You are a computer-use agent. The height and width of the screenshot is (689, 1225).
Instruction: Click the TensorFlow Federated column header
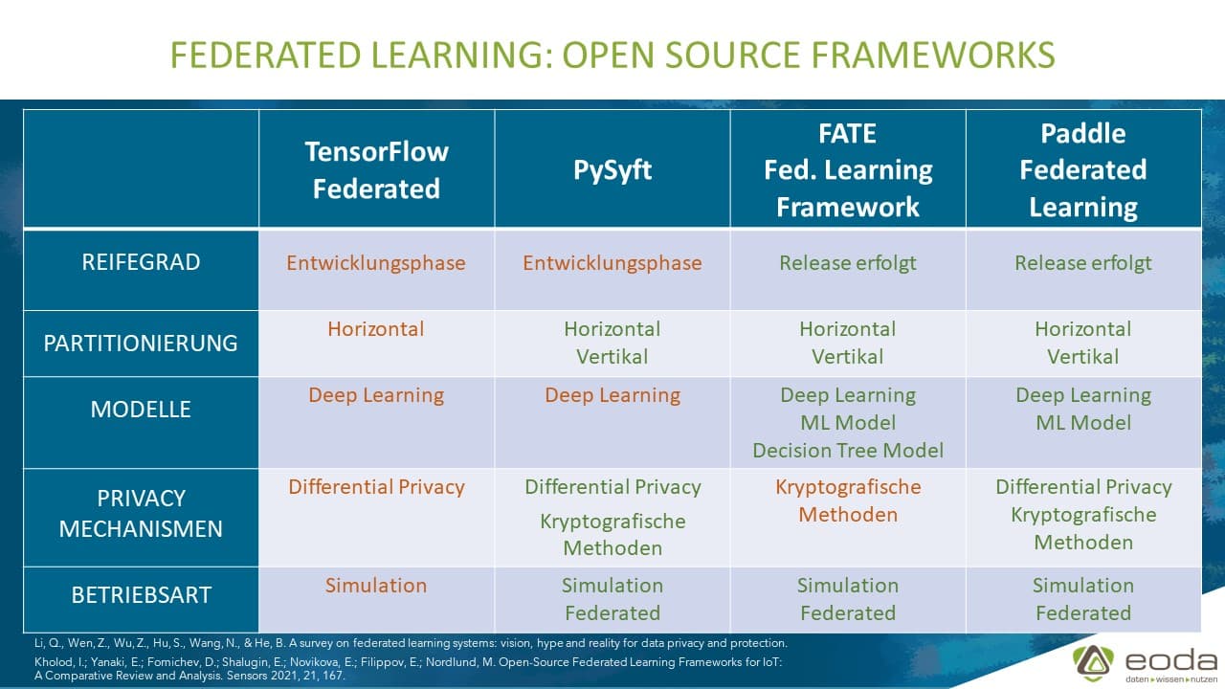(376, 169)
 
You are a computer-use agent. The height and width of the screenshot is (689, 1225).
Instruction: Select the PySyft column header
(612, 170)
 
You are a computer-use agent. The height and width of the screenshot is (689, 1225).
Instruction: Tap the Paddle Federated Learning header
(1083, 169)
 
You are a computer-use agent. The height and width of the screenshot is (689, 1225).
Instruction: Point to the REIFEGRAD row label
(141, 263)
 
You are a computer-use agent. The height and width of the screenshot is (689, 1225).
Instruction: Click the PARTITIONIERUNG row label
(141, 343)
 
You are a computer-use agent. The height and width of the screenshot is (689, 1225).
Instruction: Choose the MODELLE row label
(141, 410)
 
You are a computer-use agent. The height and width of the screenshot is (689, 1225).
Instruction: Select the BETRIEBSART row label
(141, 595)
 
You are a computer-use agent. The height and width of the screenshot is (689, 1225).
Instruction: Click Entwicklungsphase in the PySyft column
(612, 263)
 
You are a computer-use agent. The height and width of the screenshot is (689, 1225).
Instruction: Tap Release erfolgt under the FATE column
(848, 263)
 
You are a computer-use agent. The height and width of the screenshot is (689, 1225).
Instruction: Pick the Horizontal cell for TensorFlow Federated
(376, 329)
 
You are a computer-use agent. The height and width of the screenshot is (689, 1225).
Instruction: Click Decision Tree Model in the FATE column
(848, 451)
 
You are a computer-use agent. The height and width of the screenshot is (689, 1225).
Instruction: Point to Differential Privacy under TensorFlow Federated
(376, 487)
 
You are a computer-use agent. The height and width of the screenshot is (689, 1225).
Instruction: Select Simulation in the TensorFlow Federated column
(376, 586)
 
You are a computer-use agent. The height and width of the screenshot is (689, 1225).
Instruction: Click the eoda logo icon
(1092, 661)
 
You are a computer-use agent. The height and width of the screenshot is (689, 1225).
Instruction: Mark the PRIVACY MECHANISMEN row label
(141, 514)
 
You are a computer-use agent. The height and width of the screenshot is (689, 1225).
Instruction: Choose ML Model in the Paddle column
(1083, 423)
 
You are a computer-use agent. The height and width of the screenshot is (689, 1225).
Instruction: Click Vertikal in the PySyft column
(612, 357)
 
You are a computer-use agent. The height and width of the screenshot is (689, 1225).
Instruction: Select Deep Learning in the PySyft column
(612, 395)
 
